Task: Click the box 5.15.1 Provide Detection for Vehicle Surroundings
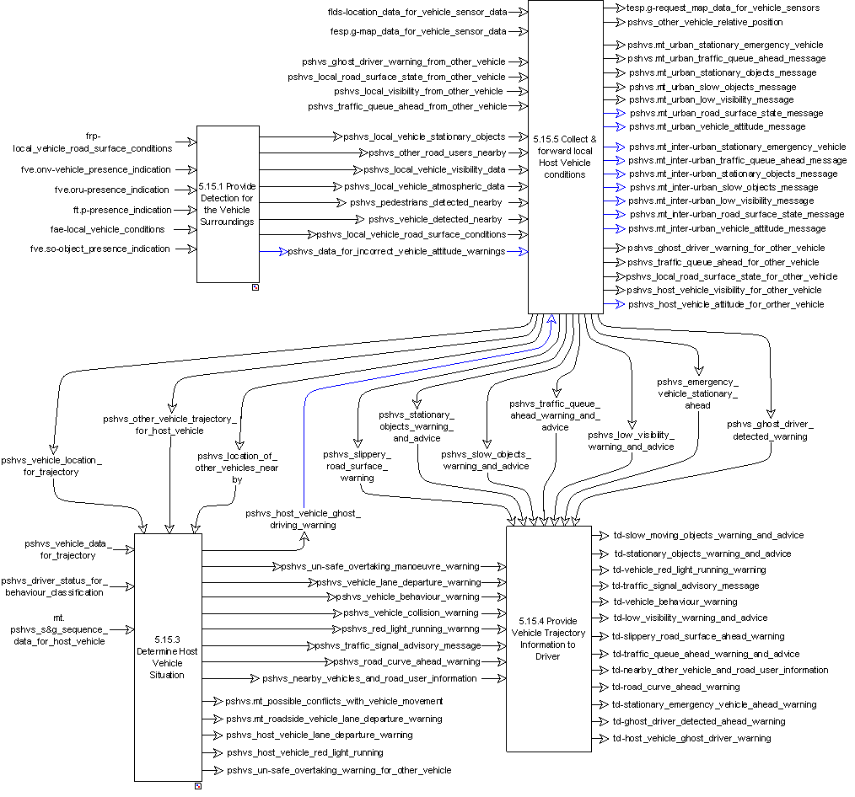[228, 203]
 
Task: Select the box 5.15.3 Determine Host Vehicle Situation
[168, 656]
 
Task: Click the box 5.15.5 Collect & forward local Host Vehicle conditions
[564, 157]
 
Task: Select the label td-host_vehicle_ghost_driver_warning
[691, 738]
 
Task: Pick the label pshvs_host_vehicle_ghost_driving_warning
[303, 519]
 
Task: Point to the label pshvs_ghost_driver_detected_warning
[769, 430]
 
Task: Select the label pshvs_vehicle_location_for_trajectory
[51, 466]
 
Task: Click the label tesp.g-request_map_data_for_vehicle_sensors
[723, 8]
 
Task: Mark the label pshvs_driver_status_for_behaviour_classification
[64, 586]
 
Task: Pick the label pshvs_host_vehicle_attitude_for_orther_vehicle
[726, 304]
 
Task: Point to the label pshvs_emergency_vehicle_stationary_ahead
[697, 393]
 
